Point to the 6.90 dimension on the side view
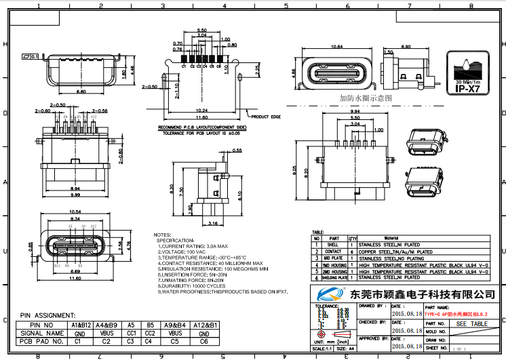[406, 46]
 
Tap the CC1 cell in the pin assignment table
[132, 334]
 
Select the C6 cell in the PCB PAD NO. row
[203, 342]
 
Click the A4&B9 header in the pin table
[106, 325]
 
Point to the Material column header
[391, 239]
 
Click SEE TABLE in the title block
[471, 324]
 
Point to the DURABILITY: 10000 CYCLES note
[197, 286]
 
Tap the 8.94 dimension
[75, 189]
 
